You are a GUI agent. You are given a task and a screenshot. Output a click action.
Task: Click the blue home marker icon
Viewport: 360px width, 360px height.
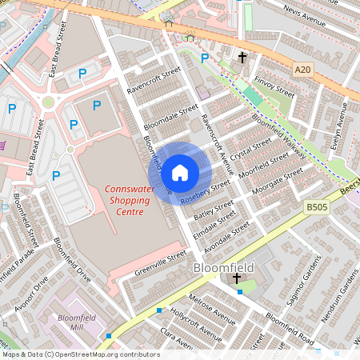pos(180,172)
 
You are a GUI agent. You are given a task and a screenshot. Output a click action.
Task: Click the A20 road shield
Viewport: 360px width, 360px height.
pos(302,70)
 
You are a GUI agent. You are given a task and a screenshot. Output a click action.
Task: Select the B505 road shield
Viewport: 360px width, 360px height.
pos(317,206)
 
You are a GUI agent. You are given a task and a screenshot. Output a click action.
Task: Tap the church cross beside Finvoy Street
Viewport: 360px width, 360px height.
pos(242,58)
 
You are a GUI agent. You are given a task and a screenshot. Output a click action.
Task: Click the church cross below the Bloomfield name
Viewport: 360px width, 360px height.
pos(236,278)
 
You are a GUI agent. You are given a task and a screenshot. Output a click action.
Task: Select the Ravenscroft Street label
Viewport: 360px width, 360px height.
pos(154,81)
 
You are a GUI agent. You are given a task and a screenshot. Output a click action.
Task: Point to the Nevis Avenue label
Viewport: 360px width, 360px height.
pos(305,18)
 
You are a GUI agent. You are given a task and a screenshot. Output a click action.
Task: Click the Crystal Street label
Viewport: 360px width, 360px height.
pos(250,146)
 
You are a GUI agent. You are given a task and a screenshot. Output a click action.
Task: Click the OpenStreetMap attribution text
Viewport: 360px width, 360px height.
pos(80,354)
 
